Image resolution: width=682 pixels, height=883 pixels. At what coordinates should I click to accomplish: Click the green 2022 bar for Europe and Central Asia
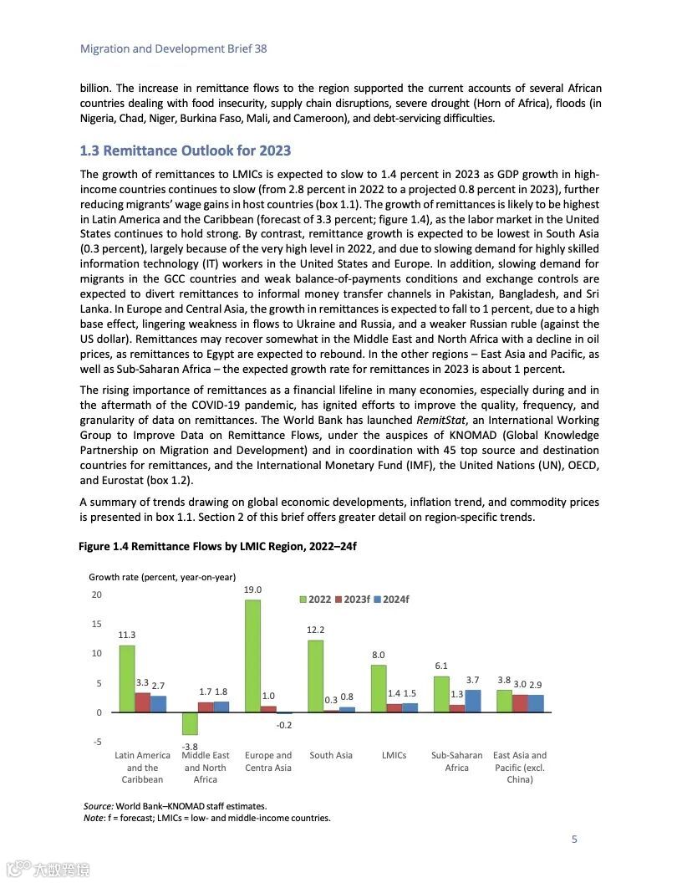pos(252,656)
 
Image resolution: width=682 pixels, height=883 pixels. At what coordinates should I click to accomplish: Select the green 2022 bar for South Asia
pos(316,676)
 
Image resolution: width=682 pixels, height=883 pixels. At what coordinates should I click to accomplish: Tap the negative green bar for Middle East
pos(190,723)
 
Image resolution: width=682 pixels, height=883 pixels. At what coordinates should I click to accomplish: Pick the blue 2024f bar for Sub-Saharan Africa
pos(473,701)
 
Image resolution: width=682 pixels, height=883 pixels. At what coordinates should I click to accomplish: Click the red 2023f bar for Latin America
pos(143,702)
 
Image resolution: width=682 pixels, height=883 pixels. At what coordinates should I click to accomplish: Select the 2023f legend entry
pos(352,600)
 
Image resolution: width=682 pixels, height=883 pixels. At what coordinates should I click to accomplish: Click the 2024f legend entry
pos(390,600)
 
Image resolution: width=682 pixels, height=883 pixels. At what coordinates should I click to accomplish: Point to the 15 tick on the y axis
pos(97,624)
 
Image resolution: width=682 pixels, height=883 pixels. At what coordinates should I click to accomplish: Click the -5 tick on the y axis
pos(97,742)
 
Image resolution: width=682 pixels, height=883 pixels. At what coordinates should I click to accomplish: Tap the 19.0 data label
pos(253,590)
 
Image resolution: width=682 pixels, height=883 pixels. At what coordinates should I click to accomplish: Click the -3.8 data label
pos(190,747)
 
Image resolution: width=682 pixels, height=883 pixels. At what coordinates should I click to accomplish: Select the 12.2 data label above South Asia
pos(316,630)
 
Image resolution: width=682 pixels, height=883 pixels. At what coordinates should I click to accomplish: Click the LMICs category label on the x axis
pos(394,755)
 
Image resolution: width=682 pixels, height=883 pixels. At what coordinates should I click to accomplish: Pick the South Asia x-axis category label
pos(331,755)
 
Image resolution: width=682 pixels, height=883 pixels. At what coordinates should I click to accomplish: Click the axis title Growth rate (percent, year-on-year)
pos(162,577)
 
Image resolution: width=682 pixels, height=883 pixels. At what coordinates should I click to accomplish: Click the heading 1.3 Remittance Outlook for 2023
pos(185,151)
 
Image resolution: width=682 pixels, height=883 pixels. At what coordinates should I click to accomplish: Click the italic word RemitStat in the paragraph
pos(440,421)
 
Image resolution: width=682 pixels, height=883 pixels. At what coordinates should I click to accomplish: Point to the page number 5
pos(574,840)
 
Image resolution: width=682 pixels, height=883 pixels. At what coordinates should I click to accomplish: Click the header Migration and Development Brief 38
pos(173,48)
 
